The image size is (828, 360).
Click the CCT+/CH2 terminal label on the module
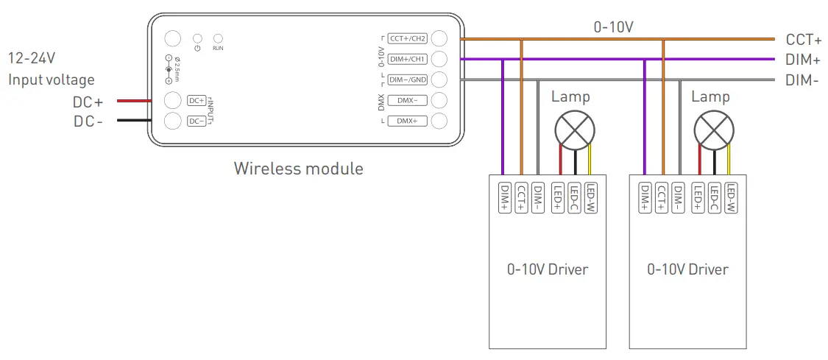[x=408, y=39]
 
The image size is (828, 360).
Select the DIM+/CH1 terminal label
[x=408, y=59]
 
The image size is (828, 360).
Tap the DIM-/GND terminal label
[x=408, y=80]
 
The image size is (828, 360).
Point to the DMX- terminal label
[x=408, y=100]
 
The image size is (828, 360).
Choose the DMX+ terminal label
[x=408, y=121]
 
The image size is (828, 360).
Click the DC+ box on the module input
[x=197, y=101]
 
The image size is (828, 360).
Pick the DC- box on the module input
[x=197, y=121]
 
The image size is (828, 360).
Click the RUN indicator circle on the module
[x=218, y=38]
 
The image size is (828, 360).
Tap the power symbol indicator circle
[x=197, y=38]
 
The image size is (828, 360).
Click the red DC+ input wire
[x=132, y=101]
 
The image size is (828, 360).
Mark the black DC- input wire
[x=132, y=121]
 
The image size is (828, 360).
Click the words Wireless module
[x=298, y=169]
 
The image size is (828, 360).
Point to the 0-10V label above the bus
[x=614, y=27]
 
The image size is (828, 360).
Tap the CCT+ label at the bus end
[x=803, y=40]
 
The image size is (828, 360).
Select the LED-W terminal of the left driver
[x=591, y=197]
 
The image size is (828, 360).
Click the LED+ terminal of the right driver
[x=696, y=197]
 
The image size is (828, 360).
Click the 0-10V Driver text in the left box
[x=548, y=269]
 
